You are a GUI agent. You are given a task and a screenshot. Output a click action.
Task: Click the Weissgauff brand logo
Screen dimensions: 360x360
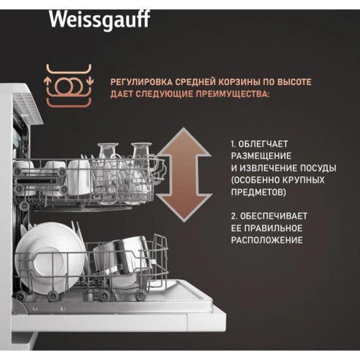click(x=99, y=19)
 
